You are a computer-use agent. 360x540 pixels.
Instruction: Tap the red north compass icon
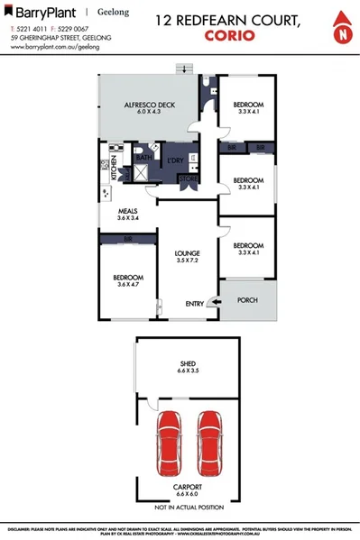(x=341, y=29)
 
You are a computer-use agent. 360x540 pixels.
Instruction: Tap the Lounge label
(x=188, y=253)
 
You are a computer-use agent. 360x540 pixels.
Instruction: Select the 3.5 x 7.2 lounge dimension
(x=188, y=262)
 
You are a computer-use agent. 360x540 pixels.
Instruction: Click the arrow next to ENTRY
(x=213, y=304)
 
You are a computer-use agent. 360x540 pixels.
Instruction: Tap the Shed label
(x=188, y=365)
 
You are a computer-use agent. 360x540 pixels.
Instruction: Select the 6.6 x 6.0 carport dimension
(x=188, y=494)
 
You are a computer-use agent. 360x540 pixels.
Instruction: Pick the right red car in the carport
(x=209, y=439)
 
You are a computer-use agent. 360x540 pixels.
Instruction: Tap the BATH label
(x=143, y=158)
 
